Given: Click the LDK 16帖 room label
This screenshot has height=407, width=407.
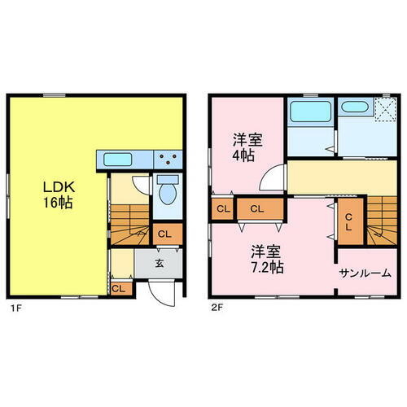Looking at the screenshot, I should click(x=57, y=195).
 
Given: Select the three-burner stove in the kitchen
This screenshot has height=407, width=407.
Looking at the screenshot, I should click(x=169, y=160).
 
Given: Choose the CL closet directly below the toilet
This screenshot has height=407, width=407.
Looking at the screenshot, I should click(x=165, y=234).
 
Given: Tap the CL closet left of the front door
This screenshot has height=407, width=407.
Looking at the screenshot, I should click(x=119, y=287).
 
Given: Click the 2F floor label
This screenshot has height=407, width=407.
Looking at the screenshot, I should click(x=217, y=309).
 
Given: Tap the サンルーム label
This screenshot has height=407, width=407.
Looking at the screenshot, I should click(x=365, y=274).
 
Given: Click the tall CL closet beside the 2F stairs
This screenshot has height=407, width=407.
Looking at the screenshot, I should click(x=348, y=221).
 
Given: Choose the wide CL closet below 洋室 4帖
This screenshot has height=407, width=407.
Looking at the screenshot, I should click(x=256, y=209).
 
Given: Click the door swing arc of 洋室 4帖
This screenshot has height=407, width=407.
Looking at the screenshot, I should click(x=276, y=177).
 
